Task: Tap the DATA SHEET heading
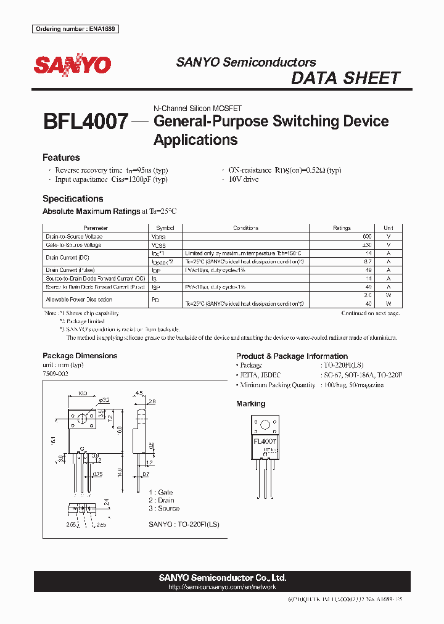[345, 78]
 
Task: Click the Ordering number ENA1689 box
[75, 29]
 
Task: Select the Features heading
[61, 158]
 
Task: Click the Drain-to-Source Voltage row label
[74, 237]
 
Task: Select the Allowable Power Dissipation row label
[79, 300]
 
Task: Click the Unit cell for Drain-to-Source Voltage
[388, 237]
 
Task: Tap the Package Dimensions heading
[80, 356]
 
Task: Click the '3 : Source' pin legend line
[164, 509]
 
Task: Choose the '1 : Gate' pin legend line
[161, 493]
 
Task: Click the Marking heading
[250, 404]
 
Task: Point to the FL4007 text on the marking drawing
[266, 442]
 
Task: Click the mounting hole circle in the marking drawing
[266, 425]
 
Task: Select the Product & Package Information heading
[292, 356]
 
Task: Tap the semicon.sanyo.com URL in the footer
[222, 588]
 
